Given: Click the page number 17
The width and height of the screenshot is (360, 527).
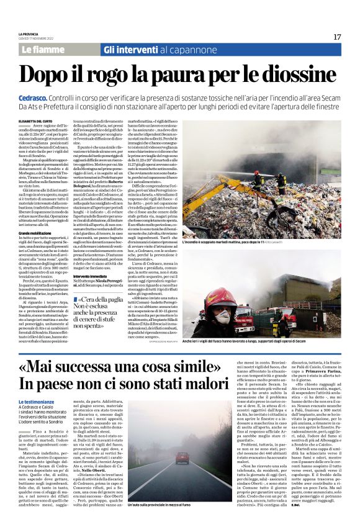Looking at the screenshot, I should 337,37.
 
